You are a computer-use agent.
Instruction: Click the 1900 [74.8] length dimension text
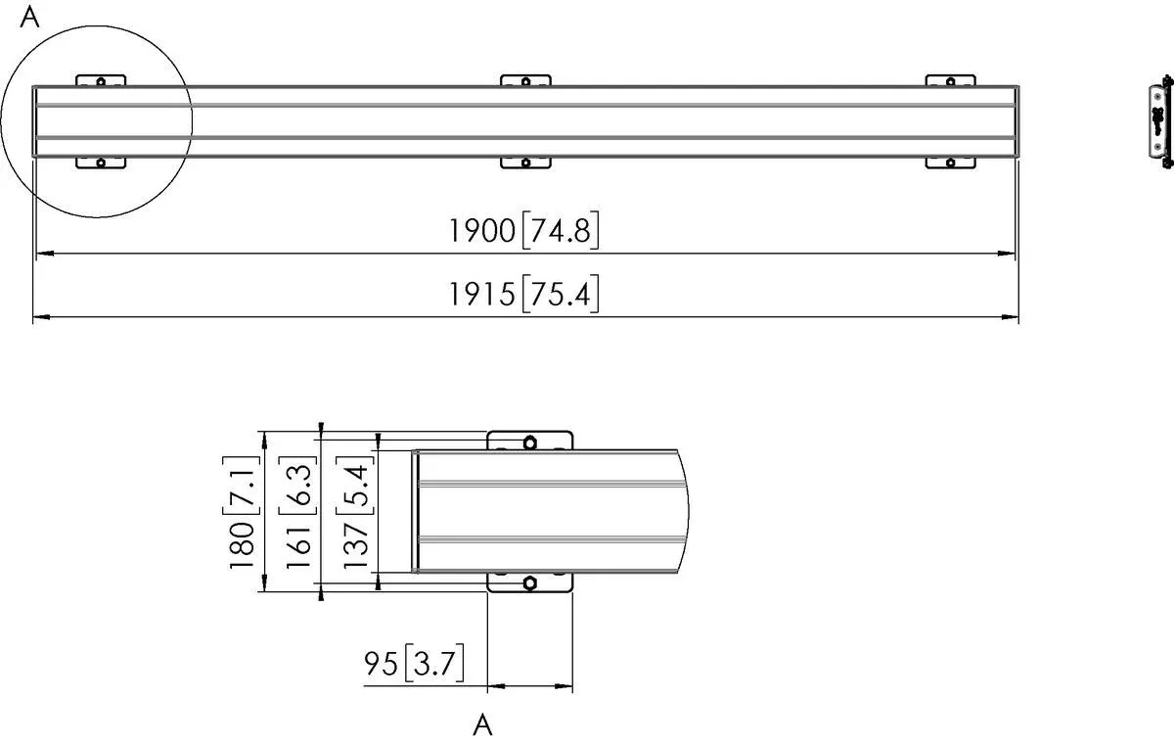pyautogui.click(x=523, y=231)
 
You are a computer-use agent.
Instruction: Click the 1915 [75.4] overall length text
pyautogui.click(x=523, y=294)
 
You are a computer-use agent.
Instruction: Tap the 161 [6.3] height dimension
pyautogui.click(x=299, y=510)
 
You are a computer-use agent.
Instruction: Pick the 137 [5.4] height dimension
pyautogui.click(x=356, y=510)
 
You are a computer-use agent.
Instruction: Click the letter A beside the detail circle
pyautogui.click(x=30, y=18)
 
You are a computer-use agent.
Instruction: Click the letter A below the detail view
pyautogui.click(x=481, y=725)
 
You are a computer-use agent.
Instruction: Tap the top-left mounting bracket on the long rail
pyautogui.click(x=101, y=80)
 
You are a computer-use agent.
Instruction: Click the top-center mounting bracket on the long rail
pyautogui.click(x=525, y=80)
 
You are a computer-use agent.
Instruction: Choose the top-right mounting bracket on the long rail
pyautogui.click(x=950, y=80)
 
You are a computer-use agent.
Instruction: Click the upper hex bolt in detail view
pyautogui.click(x=529, y=442)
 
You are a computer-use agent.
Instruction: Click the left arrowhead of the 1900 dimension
pyautogui.click(x=44, y=254)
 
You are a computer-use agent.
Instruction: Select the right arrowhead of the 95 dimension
pyautogui.click(x=564, y=685)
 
